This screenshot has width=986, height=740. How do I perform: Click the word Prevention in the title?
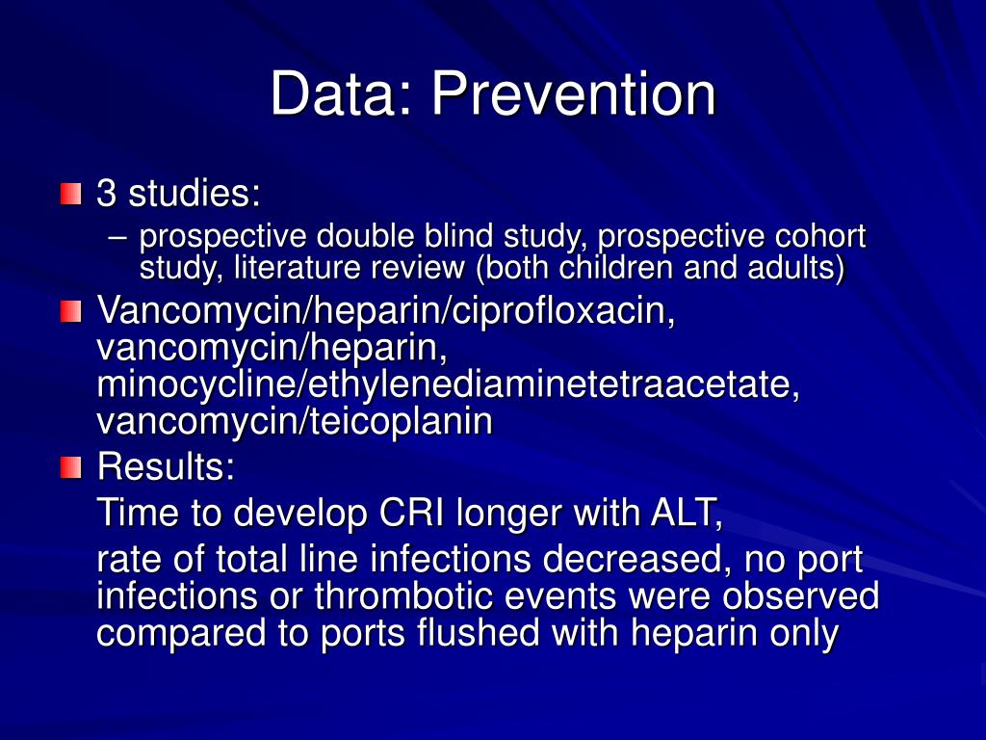click(x=573, y=94)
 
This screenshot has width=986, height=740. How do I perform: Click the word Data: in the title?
click(x=342, y=94)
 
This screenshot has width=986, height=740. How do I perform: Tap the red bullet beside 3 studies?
click(x=70, y=195)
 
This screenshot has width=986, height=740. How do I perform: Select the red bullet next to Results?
click(x=70, y=469)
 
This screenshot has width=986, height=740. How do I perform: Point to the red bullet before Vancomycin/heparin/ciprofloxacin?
click(x=70, y=312)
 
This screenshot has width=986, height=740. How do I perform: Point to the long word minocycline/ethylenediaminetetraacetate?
click(x=449, y=384)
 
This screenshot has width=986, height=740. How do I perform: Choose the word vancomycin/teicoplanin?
click(x=295, y=421)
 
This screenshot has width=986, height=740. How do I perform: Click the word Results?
click(x=166, y=468)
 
